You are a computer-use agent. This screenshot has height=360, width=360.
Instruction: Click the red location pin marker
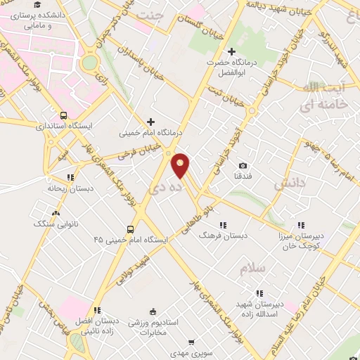click(x=181, y=165)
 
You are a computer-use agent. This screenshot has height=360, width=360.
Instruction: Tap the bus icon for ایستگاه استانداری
click(x=64, y=115)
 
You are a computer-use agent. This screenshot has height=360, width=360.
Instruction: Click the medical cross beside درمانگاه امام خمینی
click(x=150, y=121)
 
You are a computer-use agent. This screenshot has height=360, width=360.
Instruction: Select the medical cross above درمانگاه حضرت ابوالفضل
click(x=232, y=51)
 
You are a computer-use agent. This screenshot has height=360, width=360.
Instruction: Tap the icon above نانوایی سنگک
click(x=56, y=212)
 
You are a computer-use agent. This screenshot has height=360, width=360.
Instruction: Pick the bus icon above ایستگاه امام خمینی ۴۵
click(x=131, y=229)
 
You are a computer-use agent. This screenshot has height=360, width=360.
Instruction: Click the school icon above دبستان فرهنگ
click(x=222, y=225)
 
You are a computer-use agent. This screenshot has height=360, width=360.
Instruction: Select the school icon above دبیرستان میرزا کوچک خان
click(x=301, y=225)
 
